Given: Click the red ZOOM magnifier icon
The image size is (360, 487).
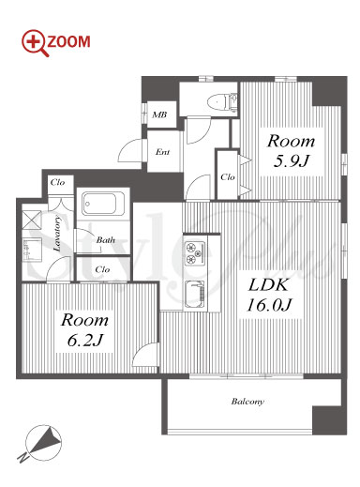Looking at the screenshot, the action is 35,43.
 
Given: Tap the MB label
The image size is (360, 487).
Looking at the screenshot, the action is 159,114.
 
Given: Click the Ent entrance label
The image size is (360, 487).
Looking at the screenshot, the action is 162,152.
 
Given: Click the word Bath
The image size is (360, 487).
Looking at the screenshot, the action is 105,240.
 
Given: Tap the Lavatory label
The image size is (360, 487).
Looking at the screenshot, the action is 57,234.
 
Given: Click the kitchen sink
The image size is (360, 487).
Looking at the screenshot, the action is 195,294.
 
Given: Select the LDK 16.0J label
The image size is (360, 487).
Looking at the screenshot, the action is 269,295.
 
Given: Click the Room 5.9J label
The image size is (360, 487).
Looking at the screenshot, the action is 291,151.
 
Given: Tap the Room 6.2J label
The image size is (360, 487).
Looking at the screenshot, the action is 84,329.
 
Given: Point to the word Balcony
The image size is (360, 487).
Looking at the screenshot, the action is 247,402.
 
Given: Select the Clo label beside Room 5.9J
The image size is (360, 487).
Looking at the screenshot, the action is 227,177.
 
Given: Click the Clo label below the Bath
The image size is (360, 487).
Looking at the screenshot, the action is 102,269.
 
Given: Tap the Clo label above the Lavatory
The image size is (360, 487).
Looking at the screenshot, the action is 58,182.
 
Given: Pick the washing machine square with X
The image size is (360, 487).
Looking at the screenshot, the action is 32,220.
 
